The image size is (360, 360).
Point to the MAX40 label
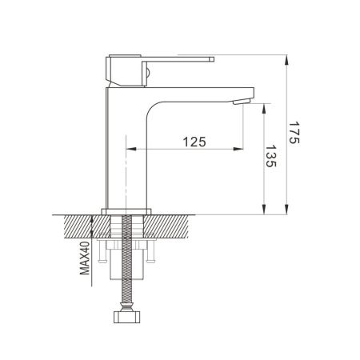[84, 255]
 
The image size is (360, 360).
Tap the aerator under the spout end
[239, 102]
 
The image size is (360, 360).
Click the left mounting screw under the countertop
[103, 258]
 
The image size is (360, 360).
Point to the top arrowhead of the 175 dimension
[285, 58]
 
